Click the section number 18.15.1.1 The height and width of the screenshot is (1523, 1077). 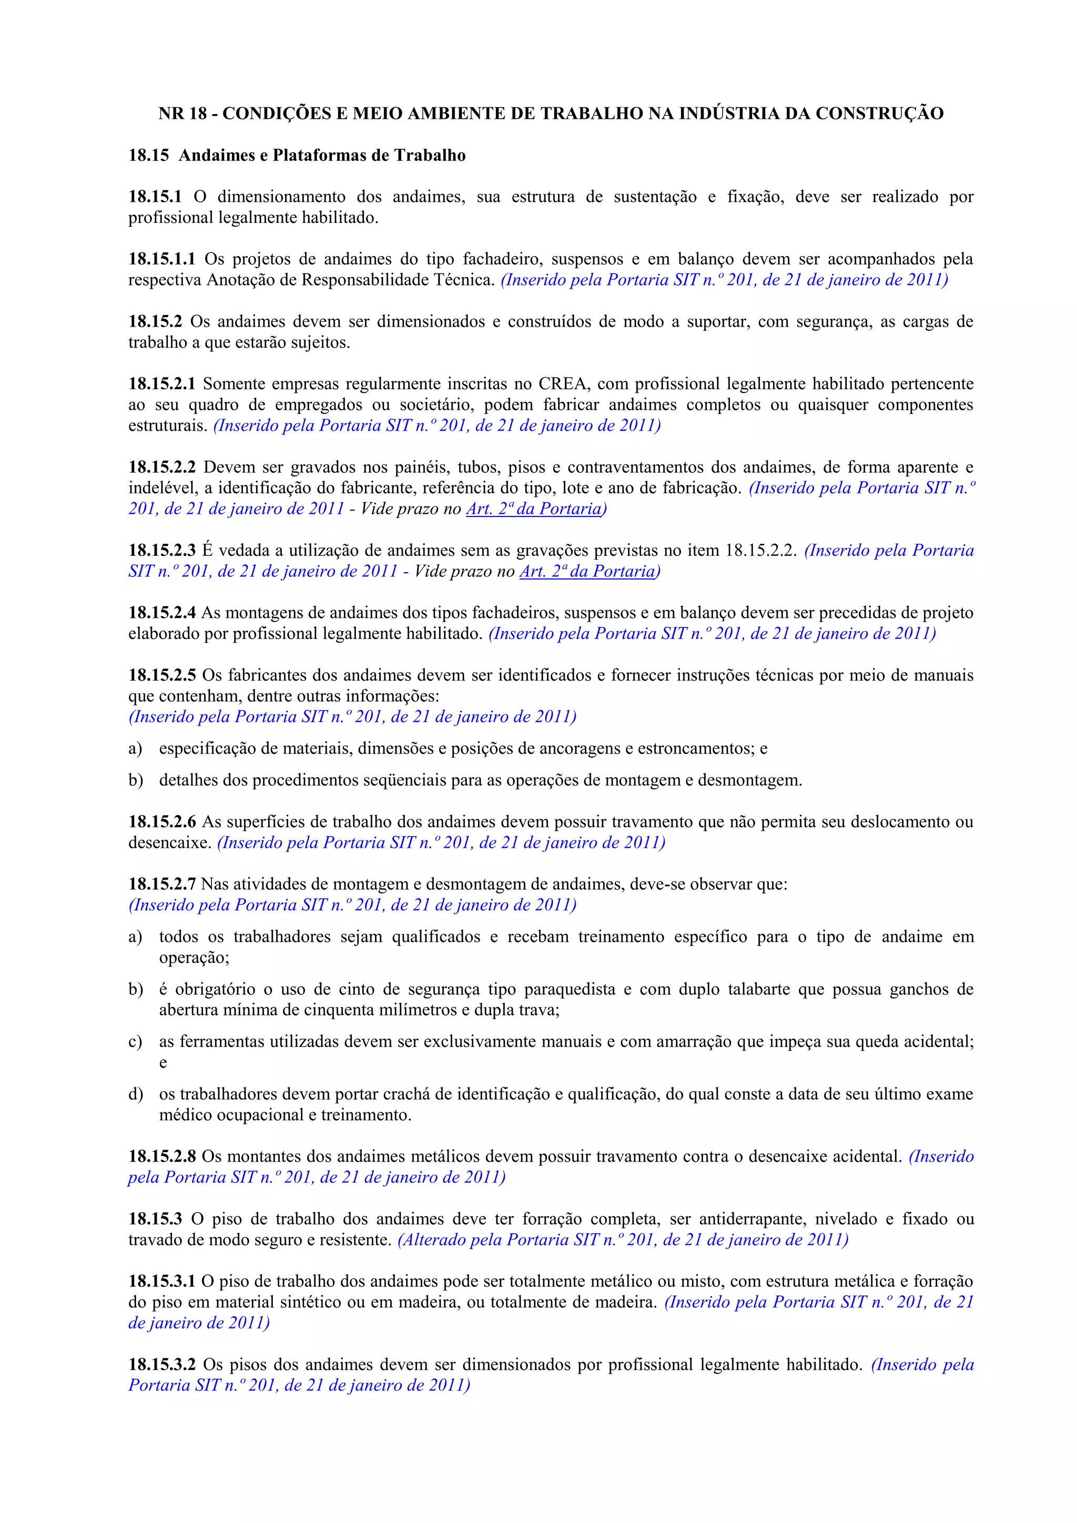(x=162, y=259)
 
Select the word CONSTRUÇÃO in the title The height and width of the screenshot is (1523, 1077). (x=879, y=114)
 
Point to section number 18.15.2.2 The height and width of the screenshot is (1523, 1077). (x=162, y=467)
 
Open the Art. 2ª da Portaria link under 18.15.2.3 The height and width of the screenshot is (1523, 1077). (x=587, y=571)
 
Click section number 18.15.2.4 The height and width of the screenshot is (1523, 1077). (x=162, y=612)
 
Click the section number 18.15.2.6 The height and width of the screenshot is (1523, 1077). (x=162, y=822)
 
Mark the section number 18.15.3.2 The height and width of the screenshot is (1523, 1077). (x=162, y=1365)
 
